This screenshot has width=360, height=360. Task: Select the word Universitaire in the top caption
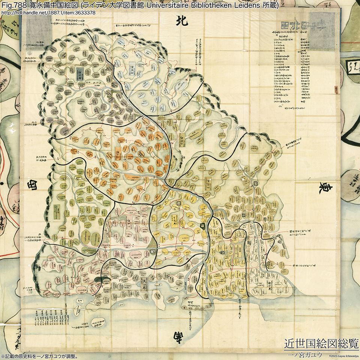tap(174, 5)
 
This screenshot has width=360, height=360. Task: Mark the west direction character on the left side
tap(32, 186)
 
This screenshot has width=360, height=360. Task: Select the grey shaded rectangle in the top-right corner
tap(323, 31)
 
